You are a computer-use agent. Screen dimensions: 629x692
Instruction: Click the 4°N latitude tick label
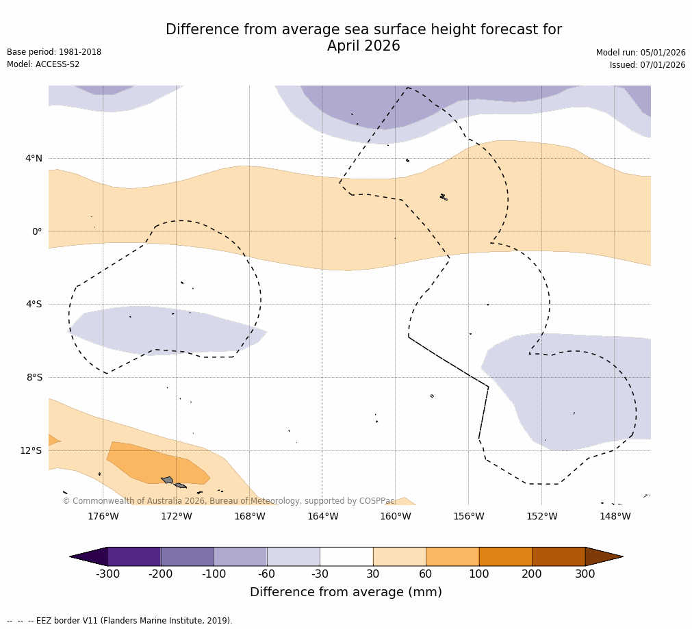point(34,159)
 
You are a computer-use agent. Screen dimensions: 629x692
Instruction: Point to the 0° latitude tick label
point(36,232)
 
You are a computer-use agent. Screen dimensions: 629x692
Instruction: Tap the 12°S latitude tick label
point(31,451)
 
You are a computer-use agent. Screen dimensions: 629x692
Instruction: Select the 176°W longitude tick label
point(103,517)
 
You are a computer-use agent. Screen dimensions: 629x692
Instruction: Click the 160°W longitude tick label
point(396,517)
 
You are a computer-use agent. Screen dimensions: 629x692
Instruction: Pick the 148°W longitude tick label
point(615,517)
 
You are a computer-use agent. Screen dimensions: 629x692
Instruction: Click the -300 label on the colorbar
point(107,574)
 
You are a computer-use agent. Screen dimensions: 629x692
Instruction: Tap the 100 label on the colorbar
point(479,574)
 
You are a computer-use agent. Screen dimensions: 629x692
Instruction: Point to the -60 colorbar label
point(267,574)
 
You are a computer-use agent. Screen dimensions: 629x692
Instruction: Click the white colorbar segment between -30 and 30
point(346,556)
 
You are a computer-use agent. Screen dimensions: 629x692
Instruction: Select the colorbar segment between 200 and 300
point(559,556)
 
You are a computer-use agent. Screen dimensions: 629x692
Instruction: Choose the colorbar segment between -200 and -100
point(187,556)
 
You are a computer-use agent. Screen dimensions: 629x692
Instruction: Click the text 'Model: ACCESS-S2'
point(43,64)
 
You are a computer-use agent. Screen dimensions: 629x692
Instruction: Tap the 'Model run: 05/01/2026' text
point(641,53)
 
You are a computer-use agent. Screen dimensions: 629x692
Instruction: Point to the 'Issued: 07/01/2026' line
point(648,65)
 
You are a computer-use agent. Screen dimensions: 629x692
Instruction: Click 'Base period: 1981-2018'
point(54,52)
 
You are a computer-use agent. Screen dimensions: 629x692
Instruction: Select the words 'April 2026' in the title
point(363,47)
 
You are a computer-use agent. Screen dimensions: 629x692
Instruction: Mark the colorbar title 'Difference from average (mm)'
point(346,593)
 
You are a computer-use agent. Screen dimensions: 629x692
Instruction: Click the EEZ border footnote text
point(120,621)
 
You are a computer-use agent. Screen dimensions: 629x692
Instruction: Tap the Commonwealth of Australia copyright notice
point(229,501)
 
